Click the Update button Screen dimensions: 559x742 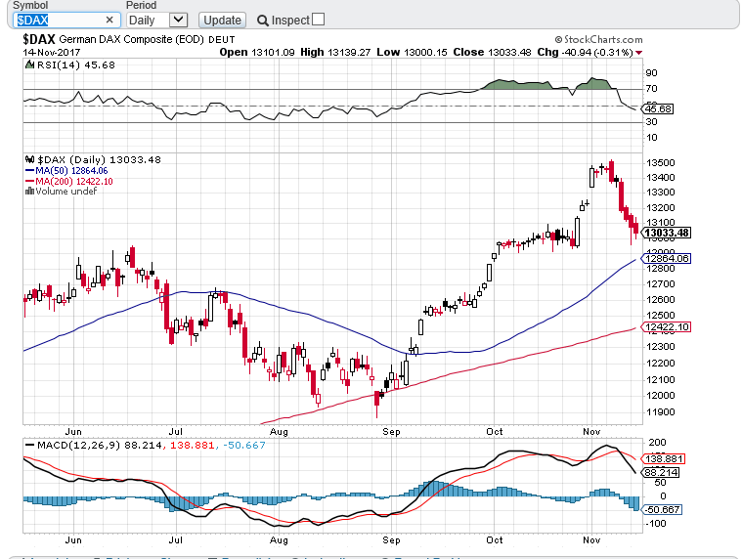(222, 20)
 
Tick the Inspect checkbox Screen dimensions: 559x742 (318, 20)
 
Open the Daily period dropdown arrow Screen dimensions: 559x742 (177, 20)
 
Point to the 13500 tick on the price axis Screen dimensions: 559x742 (660, 162)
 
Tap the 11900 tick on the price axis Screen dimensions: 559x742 (660, 411)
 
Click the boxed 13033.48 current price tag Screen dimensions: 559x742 (668, 233)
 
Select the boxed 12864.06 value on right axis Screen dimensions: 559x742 (668, 258)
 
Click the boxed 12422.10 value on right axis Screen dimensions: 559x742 (668, 326)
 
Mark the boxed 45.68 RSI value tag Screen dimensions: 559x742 (657, 108)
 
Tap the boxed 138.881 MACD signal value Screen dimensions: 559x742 (665, 457)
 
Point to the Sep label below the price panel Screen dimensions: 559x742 (392, 429)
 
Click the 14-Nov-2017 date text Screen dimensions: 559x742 (51, 52)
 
